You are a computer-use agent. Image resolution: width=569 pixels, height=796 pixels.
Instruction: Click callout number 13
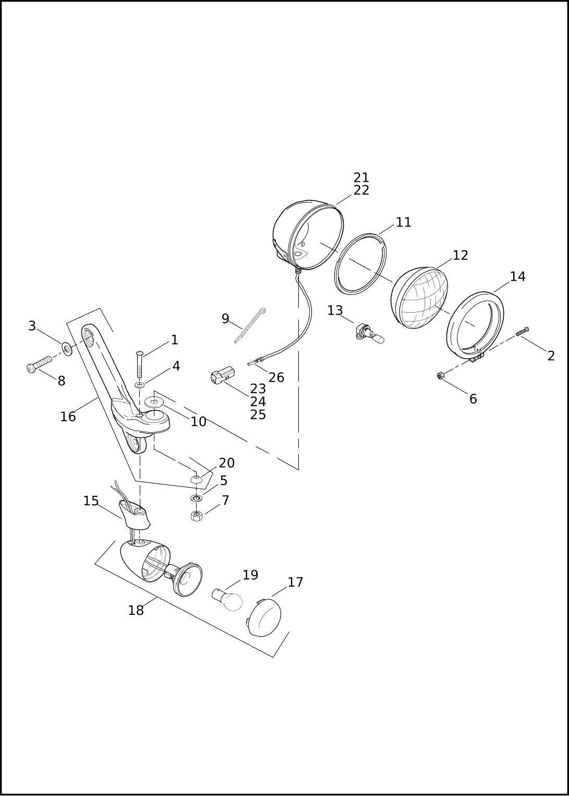click(x=335, y=311)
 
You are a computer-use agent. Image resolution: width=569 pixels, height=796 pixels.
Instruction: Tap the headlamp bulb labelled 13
click(x=370, y=335)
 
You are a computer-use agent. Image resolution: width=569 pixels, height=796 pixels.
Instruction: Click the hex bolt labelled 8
click(x=39, y=363)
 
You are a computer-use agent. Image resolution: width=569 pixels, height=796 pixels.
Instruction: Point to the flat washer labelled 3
click(x=67, y=348)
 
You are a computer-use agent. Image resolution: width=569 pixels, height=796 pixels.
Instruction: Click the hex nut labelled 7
click(x=197, y=516)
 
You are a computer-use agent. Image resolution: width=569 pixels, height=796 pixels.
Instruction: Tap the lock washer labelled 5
click(x=196, y=498)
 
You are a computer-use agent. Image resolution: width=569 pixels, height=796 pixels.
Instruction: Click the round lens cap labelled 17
click(x=264, y=618)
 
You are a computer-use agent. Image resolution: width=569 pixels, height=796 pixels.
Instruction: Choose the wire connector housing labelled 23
click(x=223, y=375)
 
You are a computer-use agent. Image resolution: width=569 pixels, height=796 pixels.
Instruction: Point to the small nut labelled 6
click(x=441, y=375)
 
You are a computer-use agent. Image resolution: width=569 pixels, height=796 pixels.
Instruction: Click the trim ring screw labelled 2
click(x=523, y=331)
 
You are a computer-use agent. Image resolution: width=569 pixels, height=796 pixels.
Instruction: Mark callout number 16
click(x=68, y=417)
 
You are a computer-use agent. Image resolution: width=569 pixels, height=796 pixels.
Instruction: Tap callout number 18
click(x=136, y=610)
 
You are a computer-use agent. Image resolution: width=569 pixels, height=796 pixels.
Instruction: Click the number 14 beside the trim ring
click(x=517, y=277)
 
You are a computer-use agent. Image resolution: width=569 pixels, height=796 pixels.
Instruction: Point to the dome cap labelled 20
click(x=196, y=479)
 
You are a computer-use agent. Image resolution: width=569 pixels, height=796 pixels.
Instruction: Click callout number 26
click(x=276, y=377)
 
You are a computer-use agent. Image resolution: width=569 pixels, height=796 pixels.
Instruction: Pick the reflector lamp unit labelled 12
click(x=419, y=298)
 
